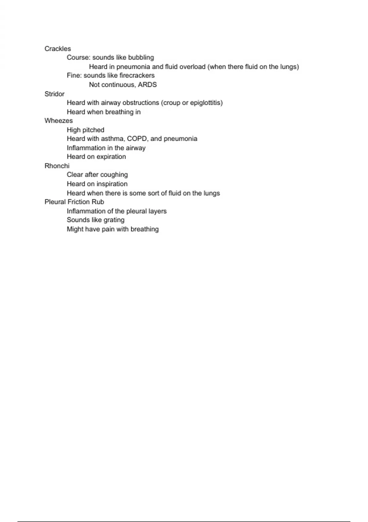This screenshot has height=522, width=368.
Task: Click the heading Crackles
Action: [58, 49]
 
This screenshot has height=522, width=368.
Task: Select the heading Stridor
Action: [54, 94]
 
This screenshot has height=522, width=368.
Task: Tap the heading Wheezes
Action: [59, 121]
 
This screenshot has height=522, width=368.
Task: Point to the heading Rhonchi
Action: [57, 166]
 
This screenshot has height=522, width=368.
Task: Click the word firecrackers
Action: [137, 76]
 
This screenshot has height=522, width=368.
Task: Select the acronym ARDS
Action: [147, 85]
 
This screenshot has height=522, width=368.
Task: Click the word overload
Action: [192, 67]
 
